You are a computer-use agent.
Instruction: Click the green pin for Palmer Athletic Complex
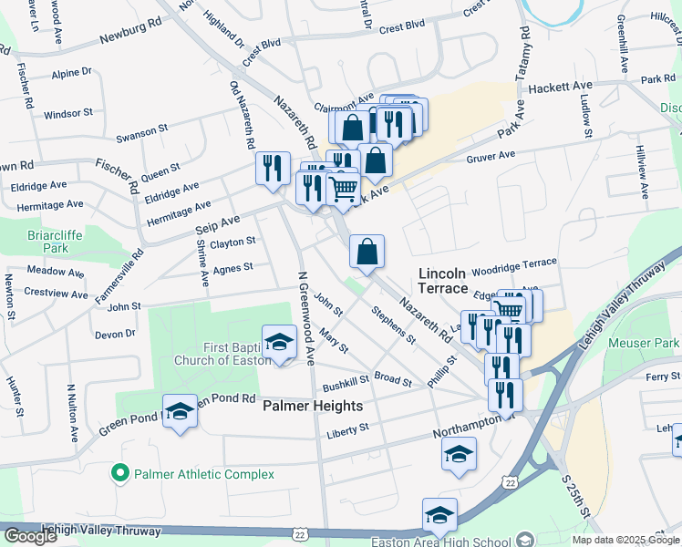coord(119,474)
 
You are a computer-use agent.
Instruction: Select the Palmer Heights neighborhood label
coord(313,406)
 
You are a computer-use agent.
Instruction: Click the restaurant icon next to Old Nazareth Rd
coord(272,169)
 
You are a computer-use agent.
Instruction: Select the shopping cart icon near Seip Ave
coord(343,190)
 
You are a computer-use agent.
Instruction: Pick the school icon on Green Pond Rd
coord(180,411)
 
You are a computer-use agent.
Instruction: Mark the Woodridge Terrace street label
coord(514,263)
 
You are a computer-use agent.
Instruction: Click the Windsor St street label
coord(68,114)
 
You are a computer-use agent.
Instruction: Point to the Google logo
coord(30,536)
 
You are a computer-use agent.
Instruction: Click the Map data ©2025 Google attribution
coord(625,539)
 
